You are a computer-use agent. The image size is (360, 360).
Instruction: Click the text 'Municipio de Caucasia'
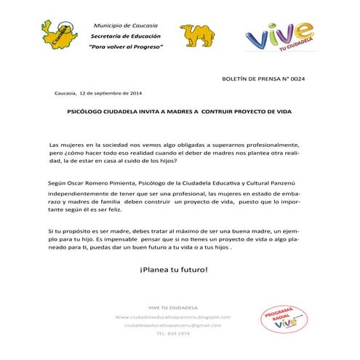pyautogui.click(x=124, y=25)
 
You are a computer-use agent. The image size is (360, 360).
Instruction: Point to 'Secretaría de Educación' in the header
pyautogui.click(x=124, y=36)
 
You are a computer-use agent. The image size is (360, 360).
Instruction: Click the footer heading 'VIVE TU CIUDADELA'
pyautogui.click(x=173, y=307)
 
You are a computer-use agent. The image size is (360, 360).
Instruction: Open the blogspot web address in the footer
pyautogui.click(x=173, y=317)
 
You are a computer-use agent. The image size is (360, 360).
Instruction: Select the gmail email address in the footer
pyautogui.click(x=173, y=325)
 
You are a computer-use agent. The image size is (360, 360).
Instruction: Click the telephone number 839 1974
pyautogui.click(x=173, y=334)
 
